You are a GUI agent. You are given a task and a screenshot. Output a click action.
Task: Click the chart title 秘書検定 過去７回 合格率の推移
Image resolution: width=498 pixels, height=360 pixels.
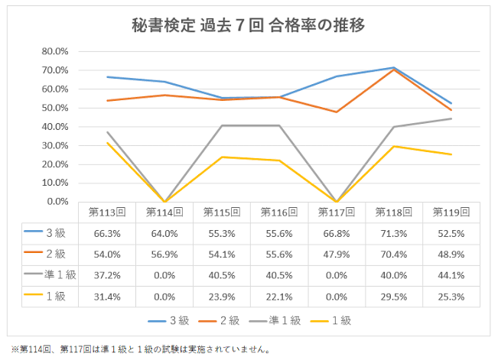coord(249,24)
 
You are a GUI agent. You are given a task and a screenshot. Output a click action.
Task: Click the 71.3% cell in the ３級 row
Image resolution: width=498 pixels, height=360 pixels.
coord(394,233)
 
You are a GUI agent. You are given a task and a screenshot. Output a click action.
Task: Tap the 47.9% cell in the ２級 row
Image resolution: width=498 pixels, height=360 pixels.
coord(337,255)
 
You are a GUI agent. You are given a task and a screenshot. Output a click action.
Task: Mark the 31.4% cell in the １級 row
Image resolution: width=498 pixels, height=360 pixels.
coord(107,297)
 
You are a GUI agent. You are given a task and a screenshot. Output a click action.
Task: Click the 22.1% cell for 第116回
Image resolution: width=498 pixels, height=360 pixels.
coord(279,297)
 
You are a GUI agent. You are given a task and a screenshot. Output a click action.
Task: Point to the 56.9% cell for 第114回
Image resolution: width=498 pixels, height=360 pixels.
coord(164,255)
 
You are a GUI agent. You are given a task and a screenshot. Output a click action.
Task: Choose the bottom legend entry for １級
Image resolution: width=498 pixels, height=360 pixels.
coord(340,321)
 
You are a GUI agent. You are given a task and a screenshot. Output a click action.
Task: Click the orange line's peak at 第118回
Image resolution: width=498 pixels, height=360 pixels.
coord(394,70)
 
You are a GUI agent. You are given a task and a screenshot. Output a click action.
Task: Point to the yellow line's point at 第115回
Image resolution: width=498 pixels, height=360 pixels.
coord(222,157)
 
